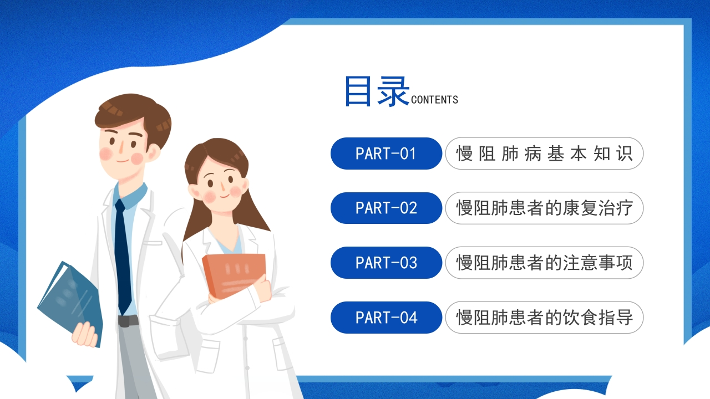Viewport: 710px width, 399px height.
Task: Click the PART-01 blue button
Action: click(386, 154)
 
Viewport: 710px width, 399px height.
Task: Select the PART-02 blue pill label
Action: click(386, 208)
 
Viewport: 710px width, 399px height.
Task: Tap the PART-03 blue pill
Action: click(386, 263)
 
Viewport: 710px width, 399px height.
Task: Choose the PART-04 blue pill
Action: click(386, 318)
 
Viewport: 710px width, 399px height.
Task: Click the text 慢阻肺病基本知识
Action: click(544, 154)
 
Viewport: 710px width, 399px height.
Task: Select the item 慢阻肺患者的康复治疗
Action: click(544, 208)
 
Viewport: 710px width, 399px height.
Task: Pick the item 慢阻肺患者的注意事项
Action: click(544, 263)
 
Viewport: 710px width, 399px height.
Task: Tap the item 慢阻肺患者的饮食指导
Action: click(544, 318)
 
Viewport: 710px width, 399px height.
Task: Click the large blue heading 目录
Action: click(377, 91)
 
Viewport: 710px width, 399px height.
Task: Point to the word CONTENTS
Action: click(434, 100)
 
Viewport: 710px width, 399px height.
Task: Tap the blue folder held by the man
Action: click(70, 301)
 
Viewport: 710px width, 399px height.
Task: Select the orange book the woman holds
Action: click(234, 276)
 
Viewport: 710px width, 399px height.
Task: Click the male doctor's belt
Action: click(128, 321)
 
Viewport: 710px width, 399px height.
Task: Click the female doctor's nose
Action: click(222, 188)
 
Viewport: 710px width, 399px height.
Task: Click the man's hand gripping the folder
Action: click(84, 334)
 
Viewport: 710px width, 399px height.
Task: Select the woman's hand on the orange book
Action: click(262, 288)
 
